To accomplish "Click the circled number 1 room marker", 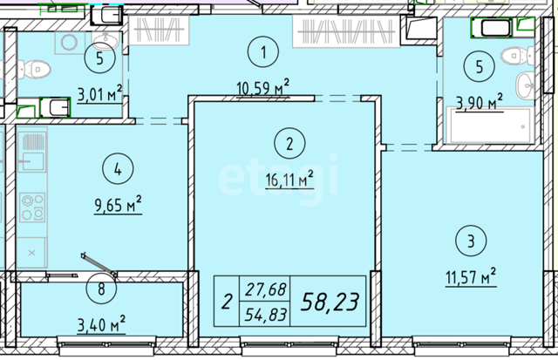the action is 263,52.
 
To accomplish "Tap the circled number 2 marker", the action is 289,143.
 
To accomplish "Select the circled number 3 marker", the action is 471,241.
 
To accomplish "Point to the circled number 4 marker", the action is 118,168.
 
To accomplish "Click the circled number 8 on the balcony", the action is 101,289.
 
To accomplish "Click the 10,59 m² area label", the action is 263,88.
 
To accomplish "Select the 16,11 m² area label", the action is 289,179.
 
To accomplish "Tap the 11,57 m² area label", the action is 471,277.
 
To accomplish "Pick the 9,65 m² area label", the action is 118,204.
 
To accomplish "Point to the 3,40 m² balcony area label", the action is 101,324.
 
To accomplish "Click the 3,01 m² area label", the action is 99,94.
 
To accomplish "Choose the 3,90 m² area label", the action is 480,102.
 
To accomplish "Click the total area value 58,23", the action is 330,302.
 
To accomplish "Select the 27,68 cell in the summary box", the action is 265,289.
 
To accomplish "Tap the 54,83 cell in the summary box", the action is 265,315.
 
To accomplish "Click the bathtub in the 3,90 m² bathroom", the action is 488,126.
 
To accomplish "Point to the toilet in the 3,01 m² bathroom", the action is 33,69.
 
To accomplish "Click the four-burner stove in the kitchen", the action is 32,207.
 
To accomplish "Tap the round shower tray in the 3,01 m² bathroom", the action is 70,43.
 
